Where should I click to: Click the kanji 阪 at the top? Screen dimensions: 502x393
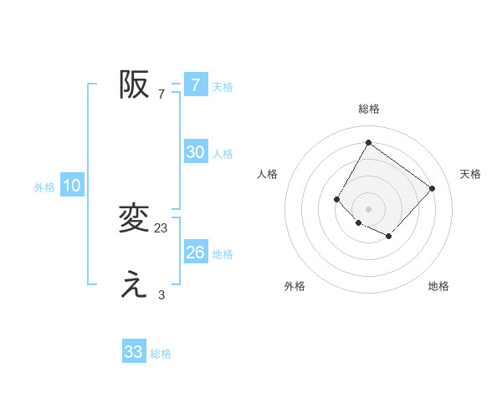click(134, 84)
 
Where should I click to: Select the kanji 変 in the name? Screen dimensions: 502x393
click(134, 219)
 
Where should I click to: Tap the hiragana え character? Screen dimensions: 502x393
click(134, 285)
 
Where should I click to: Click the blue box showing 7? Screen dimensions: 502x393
click(195, 84)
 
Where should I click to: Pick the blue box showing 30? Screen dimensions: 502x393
click(195, 152)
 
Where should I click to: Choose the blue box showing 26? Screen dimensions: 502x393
click(195, 253)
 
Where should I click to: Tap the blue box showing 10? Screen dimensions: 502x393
click(72, 186)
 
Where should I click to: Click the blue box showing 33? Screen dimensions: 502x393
click(134, 352)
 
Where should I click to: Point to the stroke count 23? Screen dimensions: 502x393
click(161, 227)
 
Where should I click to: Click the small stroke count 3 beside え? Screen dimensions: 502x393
click(161, 294)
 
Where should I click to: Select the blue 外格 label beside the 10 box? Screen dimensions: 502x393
click(44, 187)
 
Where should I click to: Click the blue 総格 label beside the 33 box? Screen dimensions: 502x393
click(161, 354)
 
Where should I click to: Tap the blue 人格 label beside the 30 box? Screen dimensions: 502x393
click(223, 154)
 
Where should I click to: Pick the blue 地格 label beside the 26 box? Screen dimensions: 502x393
click(223, 254)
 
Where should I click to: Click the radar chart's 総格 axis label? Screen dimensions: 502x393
click(368, 109)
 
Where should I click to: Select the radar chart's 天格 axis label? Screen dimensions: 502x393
click(470, 174)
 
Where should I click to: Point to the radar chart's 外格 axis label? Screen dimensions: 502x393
click(295, 286)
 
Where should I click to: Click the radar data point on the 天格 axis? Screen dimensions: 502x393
click(432, 188)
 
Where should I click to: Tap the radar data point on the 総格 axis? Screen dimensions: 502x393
click(368, 142)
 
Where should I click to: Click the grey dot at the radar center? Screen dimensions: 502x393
click(368, 209)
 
